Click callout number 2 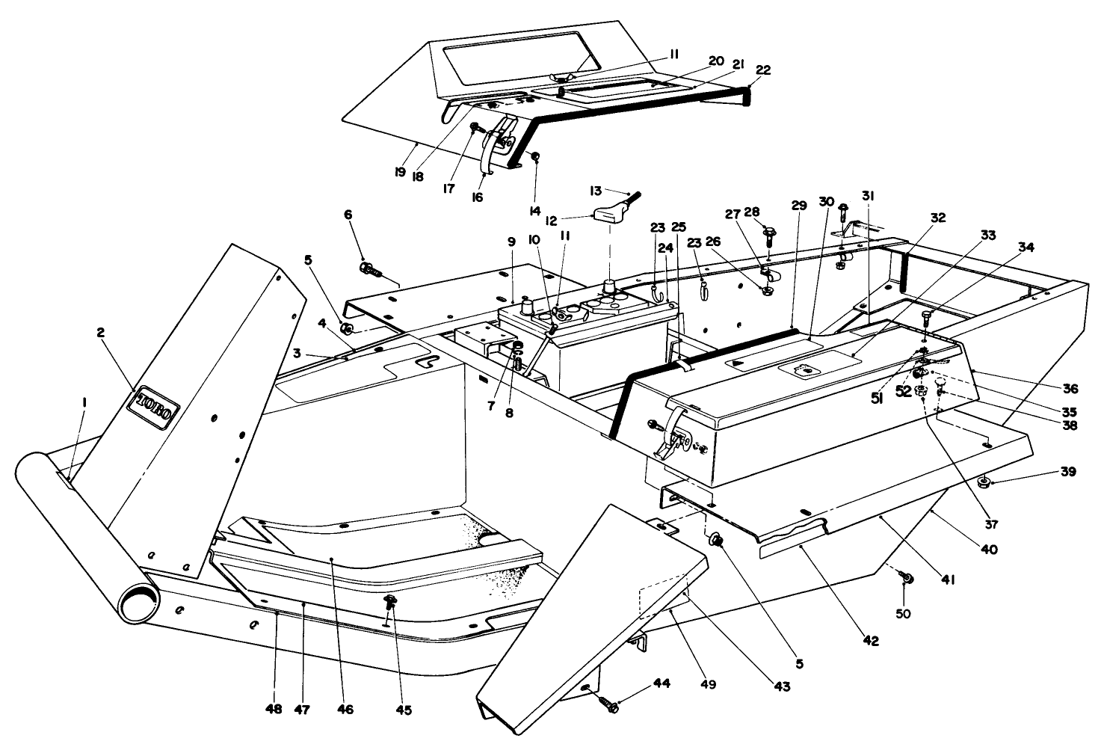click(x=100, y=333)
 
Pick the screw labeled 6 click(x=370, y=268)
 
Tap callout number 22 click(x=762, y=70)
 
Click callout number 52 click(x=904, y=390)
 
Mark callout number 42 click(x=870, y=641)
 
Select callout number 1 click(x=84, y=402)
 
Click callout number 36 click(x=1071, y=388)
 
